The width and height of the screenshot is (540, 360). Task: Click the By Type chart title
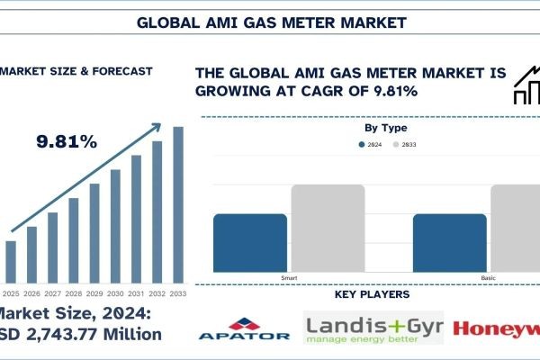(x=384, y=130)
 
